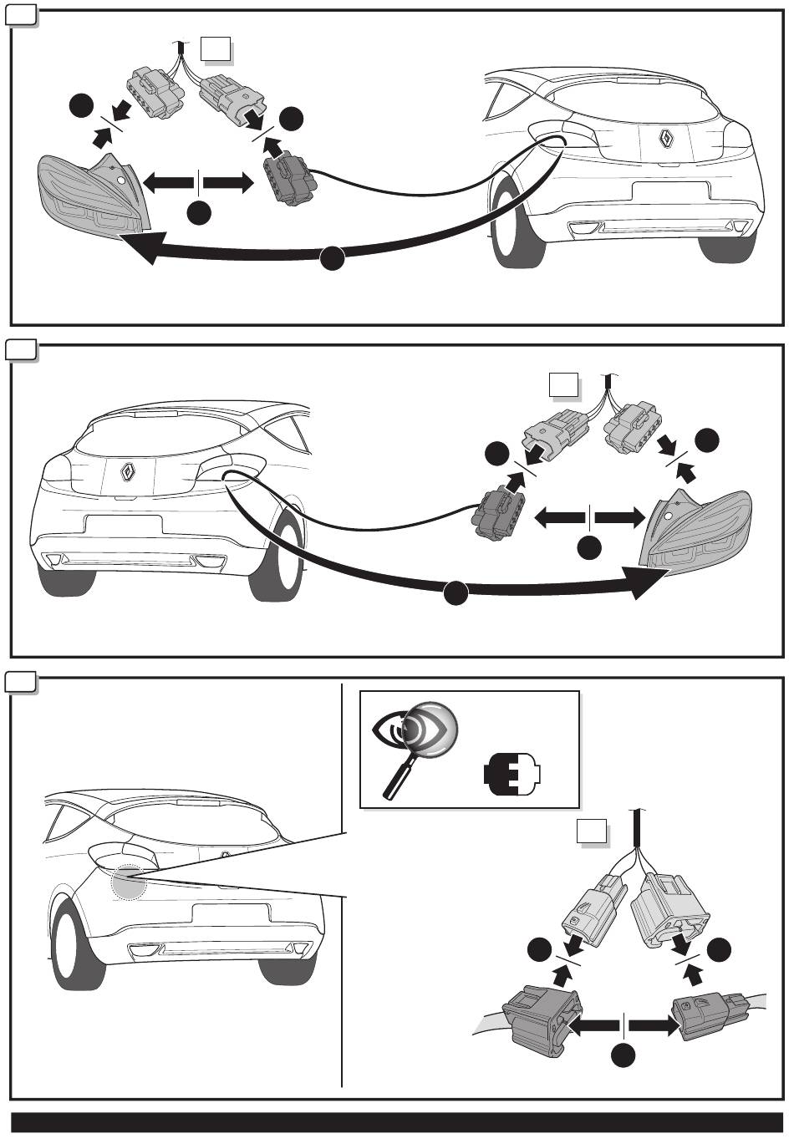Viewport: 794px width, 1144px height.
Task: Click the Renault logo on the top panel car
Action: click(x=667, y=139)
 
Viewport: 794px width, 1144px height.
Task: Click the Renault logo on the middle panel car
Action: click(x=129, y=473)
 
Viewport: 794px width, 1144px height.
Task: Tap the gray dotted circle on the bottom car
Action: click(x=129, y=882)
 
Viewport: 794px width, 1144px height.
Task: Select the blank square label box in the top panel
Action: click(x=216, y=51)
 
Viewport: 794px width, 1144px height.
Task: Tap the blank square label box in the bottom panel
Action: click(x=592, y=832)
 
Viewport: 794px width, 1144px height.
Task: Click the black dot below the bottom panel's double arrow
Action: click(x=623, y=1056)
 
